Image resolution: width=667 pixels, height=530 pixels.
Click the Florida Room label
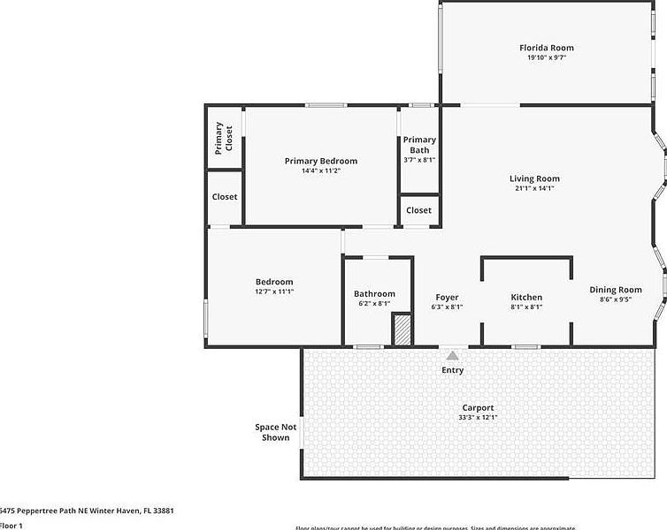[x=546, y=48]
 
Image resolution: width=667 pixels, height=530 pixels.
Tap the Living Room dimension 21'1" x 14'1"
[x=533, y=188]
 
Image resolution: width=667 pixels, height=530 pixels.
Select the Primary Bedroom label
[x=321, y=161]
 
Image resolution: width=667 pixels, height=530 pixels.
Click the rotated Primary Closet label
[x=224, y=137]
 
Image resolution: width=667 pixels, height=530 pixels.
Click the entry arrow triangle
[x=452, y=354]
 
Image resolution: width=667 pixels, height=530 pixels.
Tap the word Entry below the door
[x=452, y=370]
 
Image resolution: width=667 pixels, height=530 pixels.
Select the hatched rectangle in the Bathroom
[x=402, y=329]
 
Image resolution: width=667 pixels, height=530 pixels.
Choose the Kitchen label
[x=526, y=297]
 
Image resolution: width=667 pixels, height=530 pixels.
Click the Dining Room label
[x=616, y=289]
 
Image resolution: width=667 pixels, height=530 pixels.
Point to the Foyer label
[x=447, y=297]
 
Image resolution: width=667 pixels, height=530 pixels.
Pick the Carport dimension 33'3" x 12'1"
[x=477, y=417]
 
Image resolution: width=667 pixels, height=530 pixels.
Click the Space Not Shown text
[x=272, y=432]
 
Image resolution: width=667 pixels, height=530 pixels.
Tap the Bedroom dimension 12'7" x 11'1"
[x=274, y=291]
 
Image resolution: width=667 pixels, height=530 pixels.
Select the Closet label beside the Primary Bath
[x=419, y=210]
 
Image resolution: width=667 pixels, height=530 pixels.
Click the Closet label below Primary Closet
[x=225, y=196]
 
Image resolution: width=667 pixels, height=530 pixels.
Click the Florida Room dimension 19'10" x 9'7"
[x=546, y=57]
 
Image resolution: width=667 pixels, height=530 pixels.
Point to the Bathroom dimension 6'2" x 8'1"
[x=374, y=304]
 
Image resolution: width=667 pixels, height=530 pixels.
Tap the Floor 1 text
[x=11, y=526]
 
